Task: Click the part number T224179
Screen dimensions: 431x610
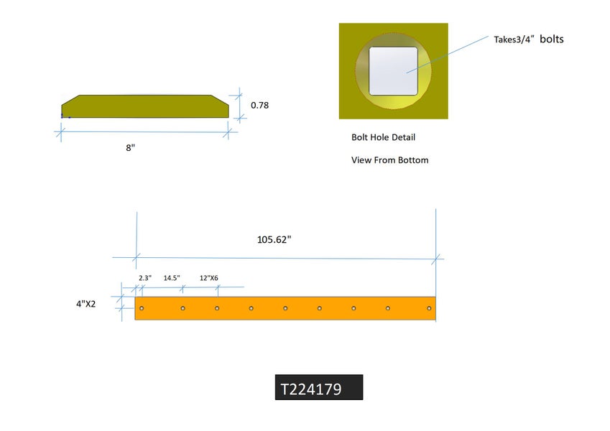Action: (x=310, y=389)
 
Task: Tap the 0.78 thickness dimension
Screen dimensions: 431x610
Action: (x=259, y=106)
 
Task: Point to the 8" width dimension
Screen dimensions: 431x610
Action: (x=131, y=147)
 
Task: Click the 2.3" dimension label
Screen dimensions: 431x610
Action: (x=144, y=277)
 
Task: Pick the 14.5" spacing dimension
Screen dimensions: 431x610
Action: (x=172, y=277)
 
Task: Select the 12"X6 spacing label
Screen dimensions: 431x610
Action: (x=209, y=277)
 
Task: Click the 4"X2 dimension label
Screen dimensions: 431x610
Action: (x=86, y=304)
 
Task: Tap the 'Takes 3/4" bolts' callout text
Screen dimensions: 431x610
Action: (x=528, y=39)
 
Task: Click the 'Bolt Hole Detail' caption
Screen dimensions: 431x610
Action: (x=383, y=137)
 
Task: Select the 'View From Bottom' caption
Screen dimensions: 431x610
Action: (x=389, y=160)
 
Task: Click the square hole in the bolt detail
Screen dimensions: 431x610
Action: (x=394, y=71)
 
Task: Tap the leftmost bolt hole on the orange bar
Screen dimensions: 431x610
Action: (x=142, y=308)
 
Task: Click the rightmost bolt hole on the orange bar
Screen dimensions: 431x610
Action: (x=429, y=308)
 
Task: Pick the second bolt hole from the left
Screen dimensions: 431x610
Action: (x=183, y=308)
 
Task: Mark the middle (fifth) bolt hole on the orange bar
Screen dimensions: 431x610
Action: (x=285, y=308)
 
